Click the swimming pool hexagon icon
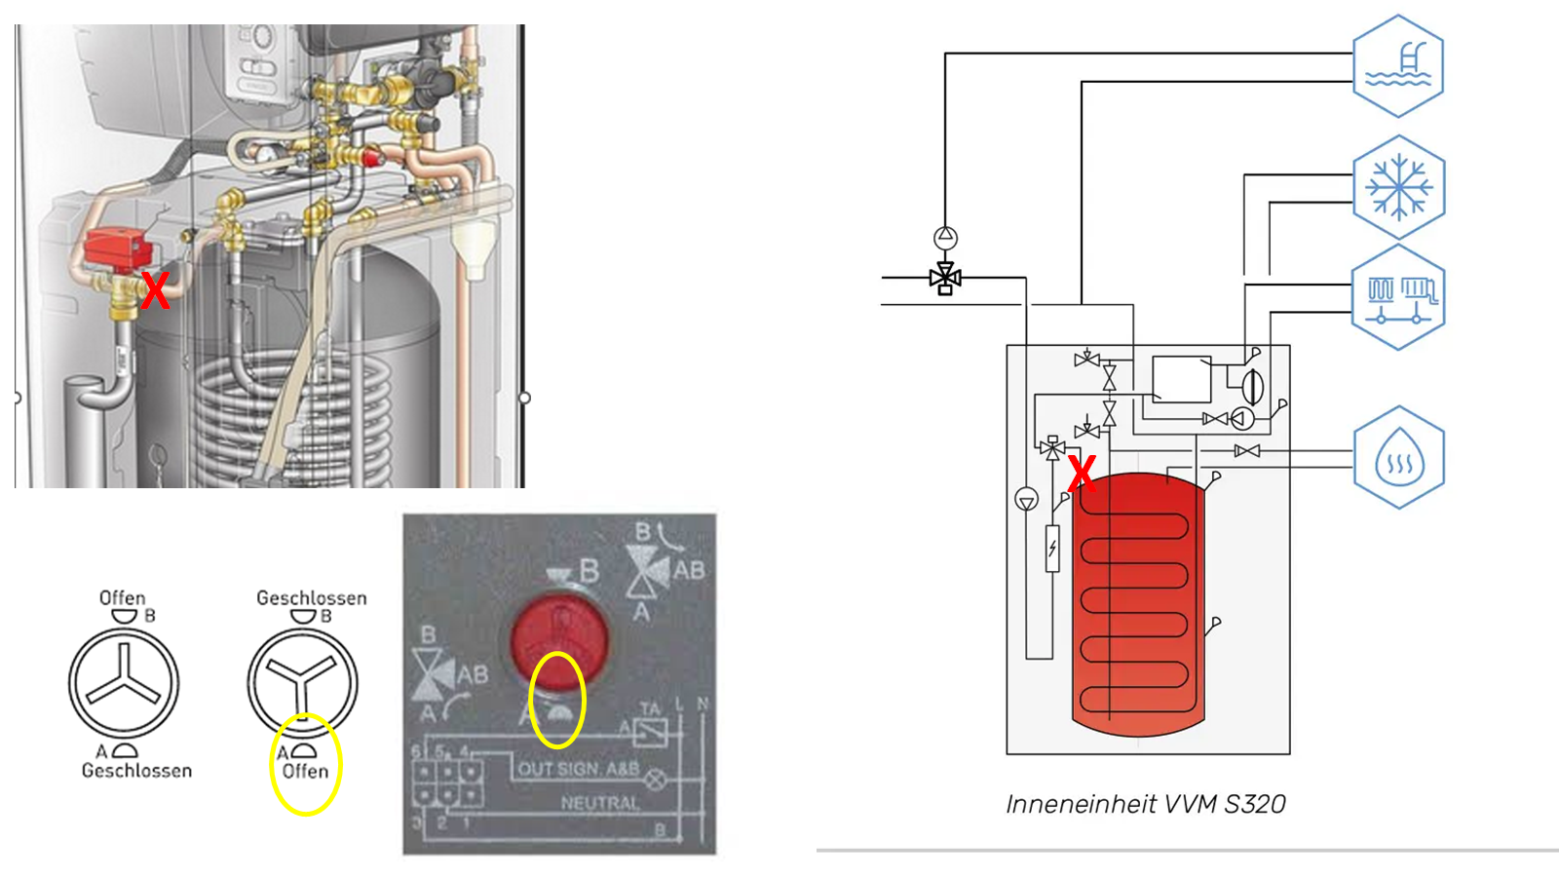1398,65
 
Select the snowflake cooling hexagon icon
1398,187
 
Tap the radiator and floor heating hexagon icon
1398,297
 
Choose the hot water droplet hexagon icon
1398,457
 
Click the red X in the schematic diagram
1082,473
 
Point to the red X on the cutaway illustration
155,290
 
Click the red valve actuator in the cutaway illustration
117,248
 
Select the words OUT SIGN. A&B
578,769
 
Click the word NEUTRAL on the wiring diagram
600,803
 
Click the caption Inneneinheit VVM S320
1146,804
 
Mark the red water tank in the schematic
1138,604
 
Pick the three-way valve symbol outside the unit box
945,279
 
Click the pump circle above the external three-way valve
945,237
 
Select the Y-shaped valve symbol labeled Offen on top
124,683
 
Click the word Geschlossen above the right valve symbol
312,597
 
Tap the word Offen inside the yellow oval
305,771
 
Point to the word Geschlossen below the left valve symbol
136,771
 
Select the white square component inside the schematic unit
1181,379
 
